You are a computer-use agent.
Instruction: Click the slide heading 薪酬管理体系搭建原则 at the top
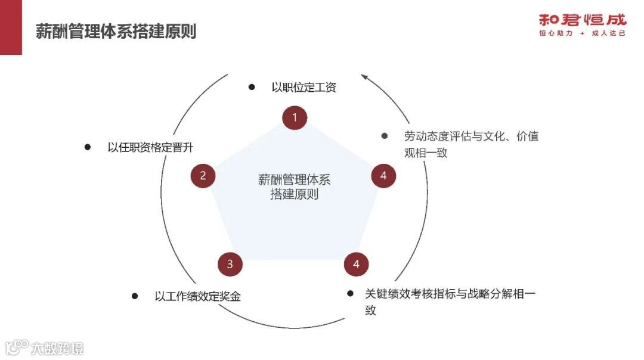pyautogui.click(x=116, y=31)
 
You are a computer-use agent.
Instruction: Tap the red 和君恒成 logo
pyautogui.click(x=583, y=20)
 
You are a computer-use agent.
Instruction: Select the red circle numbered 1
pyautogui.click(x=295, y=117)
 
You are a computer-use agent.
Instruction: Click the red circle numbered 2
pyautogui.click(x=203, y=175)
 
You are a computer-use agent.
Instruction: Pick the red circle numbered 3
pyautogui.click(x=230, y=264)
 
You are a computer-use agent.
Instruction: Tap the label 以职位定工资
pyautogui.click(x=304, y=87)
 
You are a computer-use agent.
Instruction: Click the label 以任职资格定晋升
pyautogui.click(x=151, y=147)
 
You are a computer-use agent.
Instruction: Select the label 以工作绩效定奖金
pyautogui.click(x=197, y=296)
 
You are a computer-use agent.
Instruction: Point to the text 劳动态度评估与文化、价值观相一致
pyautogui.click(x=471, y=144)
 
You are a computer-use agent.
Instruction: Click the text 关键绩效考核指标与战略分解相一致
pyautogui.click(x=450, y=302)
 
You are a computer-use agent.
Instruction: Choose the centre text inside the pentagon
pyautogui.click(x=294, y=187)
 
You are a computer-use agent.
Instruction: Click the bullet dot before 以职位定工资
pyautogui.click(x=252, y=87)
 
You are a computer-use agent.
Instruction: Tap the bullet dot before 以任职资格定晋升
pyautogui.click(x=88, y=147)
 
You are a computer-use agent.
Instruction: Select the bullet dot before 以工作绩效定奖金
pyautogui.click(x=135, y=296)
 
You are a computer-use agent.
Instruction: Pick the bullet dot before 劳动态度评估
pyautogui.click(x=385, y=136)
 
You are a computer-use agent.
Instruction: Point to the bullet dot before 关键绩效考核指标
pyautogui.click(x=350, y=293)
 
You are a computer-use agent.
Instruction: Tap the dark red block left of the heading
pyautogui.click(x=11, y=27)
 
